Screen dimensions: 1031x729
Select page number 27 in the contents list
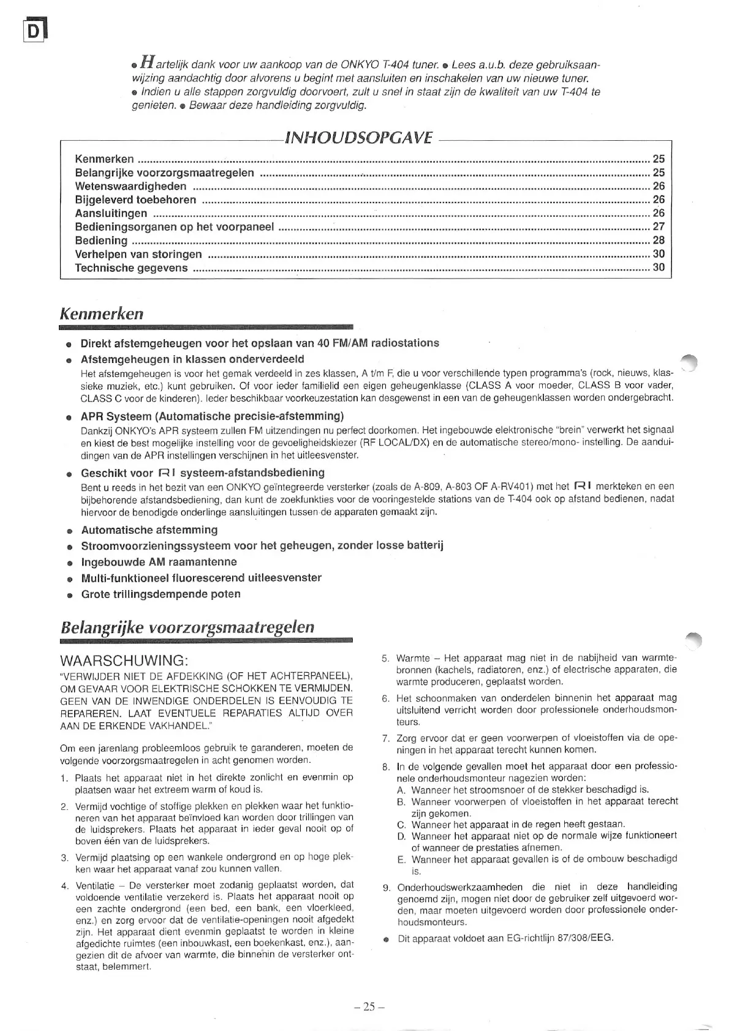(659, 227)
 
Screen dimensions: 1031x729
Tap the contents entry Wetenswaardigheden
(130, 186)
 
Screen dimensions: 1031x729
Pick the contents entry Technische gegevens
(131, 268)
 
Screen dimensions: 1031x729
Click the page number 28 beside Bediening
(659, 240)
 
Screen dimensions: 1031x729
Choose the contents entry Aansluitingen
(111, 213)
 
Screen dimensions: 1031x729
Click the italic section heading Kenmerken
(102, 313)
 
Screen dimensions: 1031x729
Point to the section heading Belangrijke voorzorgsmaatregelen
(187, 627)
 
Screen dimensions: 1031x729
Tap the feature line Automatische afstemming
(149, 530)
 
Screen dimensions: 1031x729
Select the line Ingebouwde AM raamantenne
(159, 562)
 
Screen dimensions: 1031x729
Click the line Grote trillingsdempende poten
(161, 594)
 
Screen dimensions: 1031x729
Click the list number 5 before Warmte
(385, 659)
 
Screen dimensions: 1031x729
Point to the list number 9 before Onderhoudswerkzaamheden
(386, 887)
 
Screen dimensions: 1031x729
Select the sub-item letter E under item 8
(401, 860)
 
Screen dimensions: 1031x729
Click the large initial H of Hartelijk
(147, 62)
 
